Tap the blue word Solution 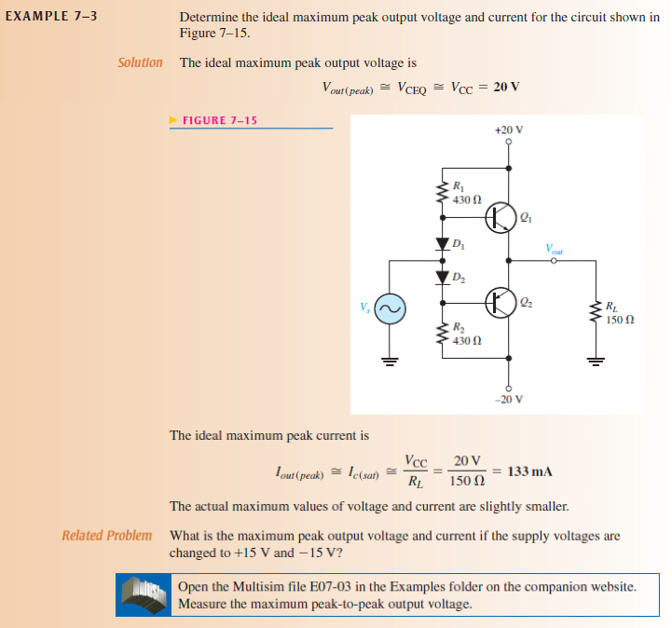click(140, 62)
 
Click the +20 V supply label click(509, 130)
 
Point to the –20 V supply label click(509, 399)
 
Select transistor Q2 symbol click(501, 303)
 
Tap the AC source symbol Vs click(390, 308)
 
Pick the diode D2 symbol click(443, 277)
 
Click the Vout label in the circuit click(556, 249)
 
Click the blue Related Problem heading click(106, 535)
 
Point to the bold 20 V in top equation click(506, 87)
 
